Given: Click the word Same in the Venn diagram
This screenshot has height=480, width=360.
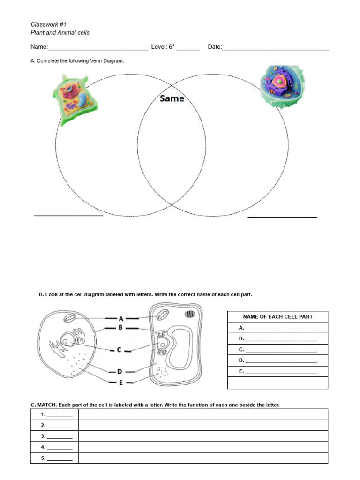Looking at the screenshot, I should pyautogui.click(x=172, y=99).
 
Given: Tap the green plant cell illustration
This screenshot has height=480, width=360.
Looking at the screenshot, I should pyautogui.click(x=75, y=99).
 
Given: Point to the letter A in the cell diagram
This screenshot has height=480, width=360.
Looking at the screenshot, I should pyautogui.click(x=121, y=318).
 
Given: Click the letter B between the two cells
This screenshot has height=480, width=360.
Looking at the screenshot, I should pyautogui.click(x=121, y=328).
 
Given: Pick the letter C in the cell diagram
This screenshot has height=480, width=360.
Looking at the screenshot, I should pyautogui.click(x=119, y=349).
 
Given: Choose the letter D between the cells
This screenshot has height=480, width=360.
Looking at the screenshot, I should pyautogui.click(x=120, y=371).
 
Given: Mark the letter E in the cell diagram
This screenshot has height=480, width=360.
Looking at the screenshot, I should pyautogui.click(x=120, y=382).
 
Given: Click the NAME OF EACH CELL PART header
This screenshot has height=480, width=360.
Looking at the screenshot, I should pyautogui.click(x=277, y=317).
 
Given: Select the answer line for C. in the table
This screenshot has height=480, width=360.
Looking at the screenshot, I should pyautogui.click(x=281, y=351).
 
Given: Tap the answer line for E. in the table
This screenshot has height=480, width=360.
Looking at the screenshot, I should pyautogui.click(x=281, y=373).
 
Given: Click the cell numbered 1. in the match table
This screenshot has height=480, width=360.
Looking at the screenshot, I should pyautogui.click(x=54, y=414).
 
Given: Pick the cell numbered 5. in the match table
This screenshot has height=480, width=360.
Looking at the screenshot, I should pyautogui.click(x=54, y=458).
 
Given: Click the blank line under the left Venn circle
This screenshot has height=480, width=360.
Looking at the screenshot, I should pyautogui.click(x=68, y=215).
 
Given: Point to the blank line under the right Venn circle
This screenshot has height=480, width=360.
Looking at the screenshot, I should pyautogui.click(x=282, y=217).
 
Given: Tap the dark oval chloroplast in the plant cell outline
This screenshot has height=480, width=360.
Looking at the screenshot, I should pyautogui.click(x=190, y=314).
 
